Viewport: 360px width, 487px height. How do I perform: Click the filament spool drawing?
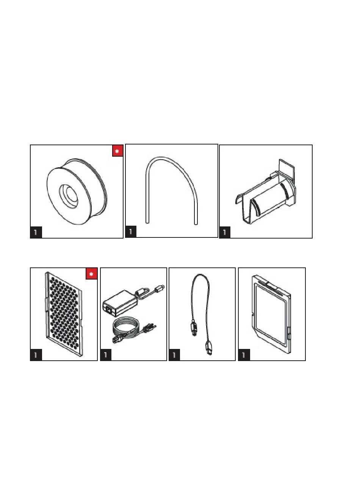pos(77,191)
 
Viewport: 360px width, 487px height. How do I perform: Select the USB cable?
pos(201,314)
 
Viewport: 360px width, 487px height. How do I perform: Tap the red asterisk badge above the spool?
pos(117,151)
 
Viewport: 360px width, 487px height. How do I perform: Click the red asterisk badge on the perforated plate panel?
pos(91,274)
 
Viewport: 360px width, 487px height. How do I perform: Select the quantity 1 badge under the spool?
pos(36,232)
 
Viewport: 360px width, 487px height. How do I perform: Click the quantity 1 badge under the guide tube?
pos(131,231)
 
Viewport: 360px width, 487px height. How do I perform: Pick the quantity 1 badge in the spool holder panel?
pos(225,232)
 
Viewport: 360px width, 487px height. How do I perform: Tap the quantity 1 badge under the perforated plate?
pos(36,355)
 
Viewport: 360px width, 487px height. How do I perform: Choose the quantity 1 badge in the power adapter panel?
pos(106,355)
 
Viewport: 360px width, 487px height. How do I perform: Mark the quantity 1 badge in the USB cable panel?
pos(174,355)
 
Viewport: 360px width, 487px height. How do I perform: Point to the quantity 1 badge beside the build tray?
pos(244,355)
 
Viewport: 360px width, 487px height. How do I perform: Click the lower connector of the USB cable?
pos(209,348)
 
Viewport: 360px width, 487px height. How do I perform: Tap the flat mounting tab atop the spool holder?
pos(286,170)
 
